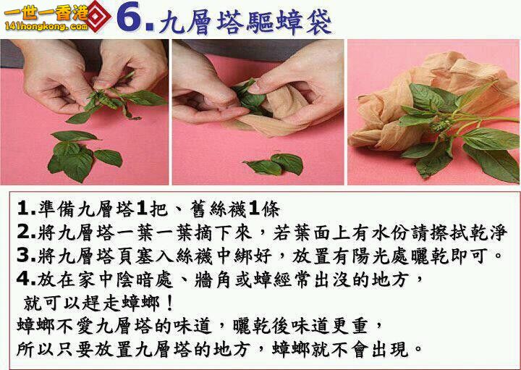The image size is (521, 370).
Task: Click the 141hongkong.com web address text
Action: pos(46,25)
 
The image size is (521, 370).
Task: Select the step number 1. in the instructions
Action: pos(27,209)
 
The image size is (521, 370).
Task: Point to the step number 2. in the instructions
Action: pos(27,232)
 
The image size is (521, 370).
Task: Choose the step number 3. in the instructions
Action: pos(27,256)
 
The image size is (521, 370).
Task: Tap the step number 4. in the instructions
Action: pos(27,279)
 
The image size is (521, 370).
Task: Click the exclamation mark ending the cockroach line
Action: pos(169,303)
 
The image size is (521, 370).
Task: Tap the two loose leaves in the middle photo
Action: pos(274,164)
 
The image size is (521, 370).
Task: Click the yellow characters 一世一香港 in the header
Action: pos(46,13)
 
